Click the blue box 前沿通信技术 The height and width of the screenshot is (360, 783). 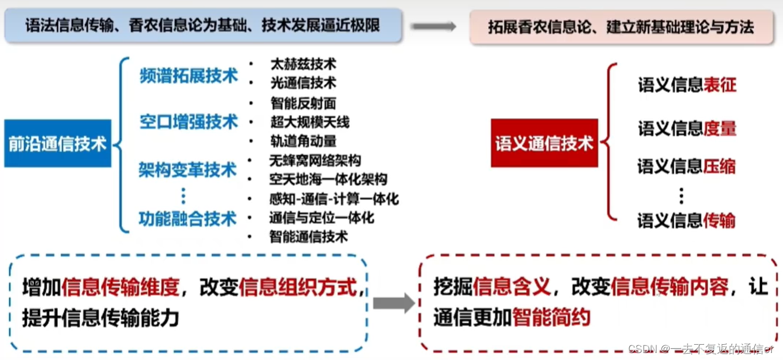click(x=57, y=143)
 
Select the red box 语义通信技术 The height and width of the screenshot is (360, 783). click(x=544, y=143)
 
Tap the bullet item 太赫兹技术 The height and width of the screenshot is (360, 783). click(x=303, y=64)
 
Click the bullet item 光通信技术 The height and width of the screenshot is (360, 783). click(x=303, y=83)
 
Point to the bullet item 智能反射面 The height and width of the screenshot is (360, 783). click(x=303, y=103)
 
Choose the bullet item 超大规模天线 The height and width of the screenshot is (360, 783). click(x=309, y=122)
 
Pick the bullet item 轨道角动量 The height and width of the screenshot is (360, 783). click(x=303, y=141)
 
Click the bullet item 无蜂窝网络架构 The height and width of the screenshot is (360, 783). click(x=315, y=160)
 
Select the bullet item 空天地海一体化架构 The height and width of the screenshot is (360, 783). click(x=327, y=179)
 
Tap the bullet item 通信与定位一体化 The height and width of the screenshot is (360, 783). click(x=321, y=218)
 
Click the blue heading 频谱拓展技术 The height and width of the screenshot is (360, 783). click(x=189, y=75)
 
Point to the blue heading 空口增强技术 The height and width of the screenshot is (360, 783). click(x=189, y=122)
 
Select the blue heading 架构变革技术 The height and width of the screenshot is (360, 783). click(x=188, y=170)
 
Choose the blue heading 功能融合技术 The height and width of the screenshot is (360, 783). click(x=188, y=219)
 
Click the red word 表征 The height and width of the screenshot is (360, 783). click(x=720, y=85)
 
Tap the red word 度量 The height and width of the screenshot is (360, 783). click(x=720, y=129)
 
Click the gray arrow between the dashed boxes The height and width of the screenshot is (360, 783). click(x=393, y=303)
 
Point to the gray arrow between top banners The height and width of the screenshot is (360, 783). click(x=433, y=26)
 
